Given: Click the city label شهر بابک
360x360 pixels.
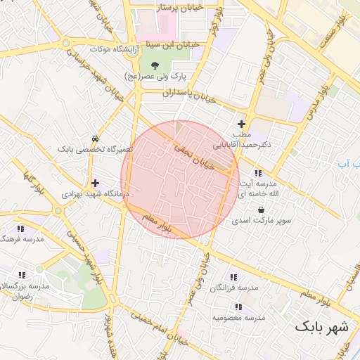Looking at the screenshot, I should pyautogui.click(x=321, y=327).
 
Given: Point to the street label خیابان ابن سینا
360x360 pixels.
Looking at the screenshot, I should pyautogui.click(x=172, y=44).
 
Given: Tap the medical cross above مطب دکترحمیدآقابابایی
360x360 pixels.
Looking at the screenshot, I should pyautogui.click(x=241, y=124).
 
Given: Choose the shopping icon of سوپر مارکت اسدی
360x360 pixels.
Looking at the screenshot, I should pyautogui.click(x=262, y=210).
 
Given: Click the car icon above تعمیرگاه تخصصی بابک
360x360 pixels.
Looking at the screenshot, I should pyautogui.click(x=95, y=139).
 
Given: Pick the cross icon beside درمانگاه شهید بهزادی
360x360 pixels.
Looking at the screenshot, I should pyautogui.click(x=96, y=183).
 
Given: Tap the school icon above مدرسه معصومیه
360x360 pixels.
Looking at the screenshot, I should pyautogui.click(x=239, y=306).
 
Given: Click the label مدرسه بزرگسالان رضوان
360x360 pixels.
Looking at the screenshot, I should pyautogui.click(x=25, y=292).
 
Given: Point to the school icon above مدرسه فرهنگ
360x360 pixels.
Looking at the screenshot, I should pyautogui.click(x=20, y=228).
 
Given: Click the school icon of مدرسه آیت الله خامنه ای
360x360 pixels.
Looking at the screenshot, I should pyautogui.click(x=258, y=172).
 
